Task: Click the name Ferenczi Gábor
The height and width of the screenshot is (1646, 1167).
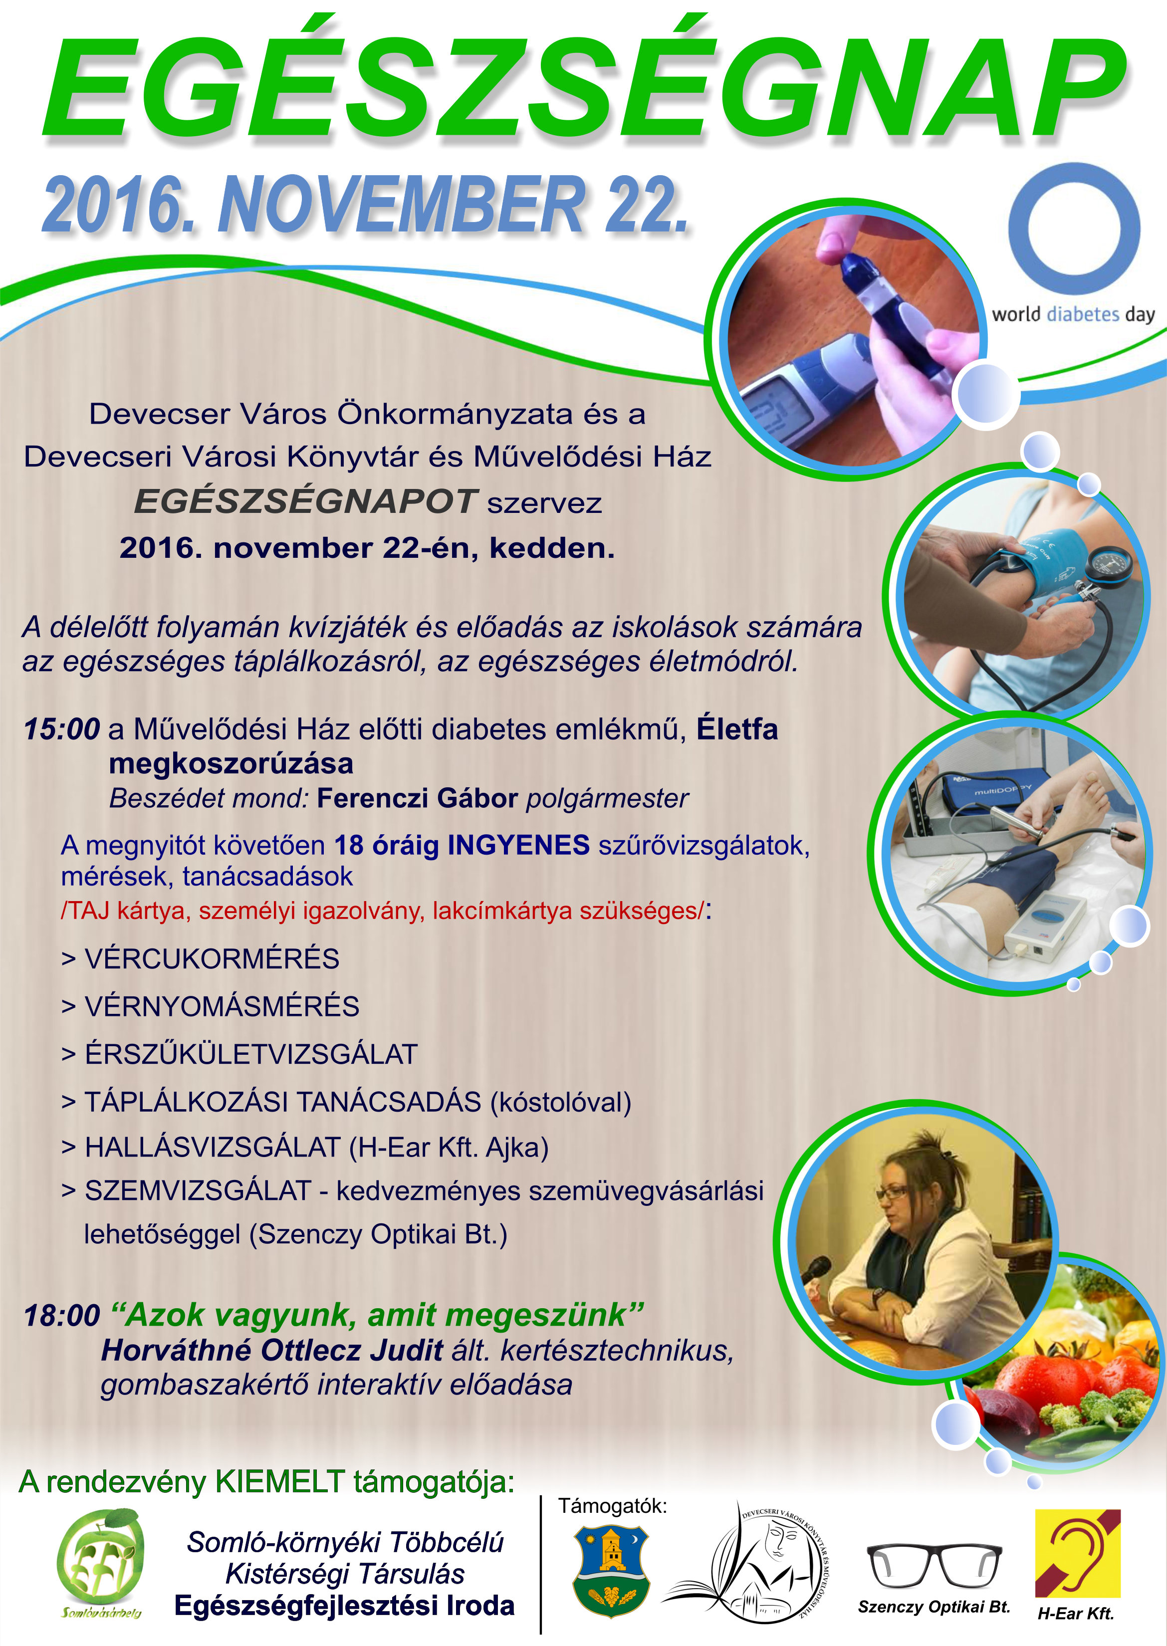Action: (417, 798)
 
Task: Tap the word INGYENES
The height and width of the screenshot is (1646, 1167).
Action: (518, 846)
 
